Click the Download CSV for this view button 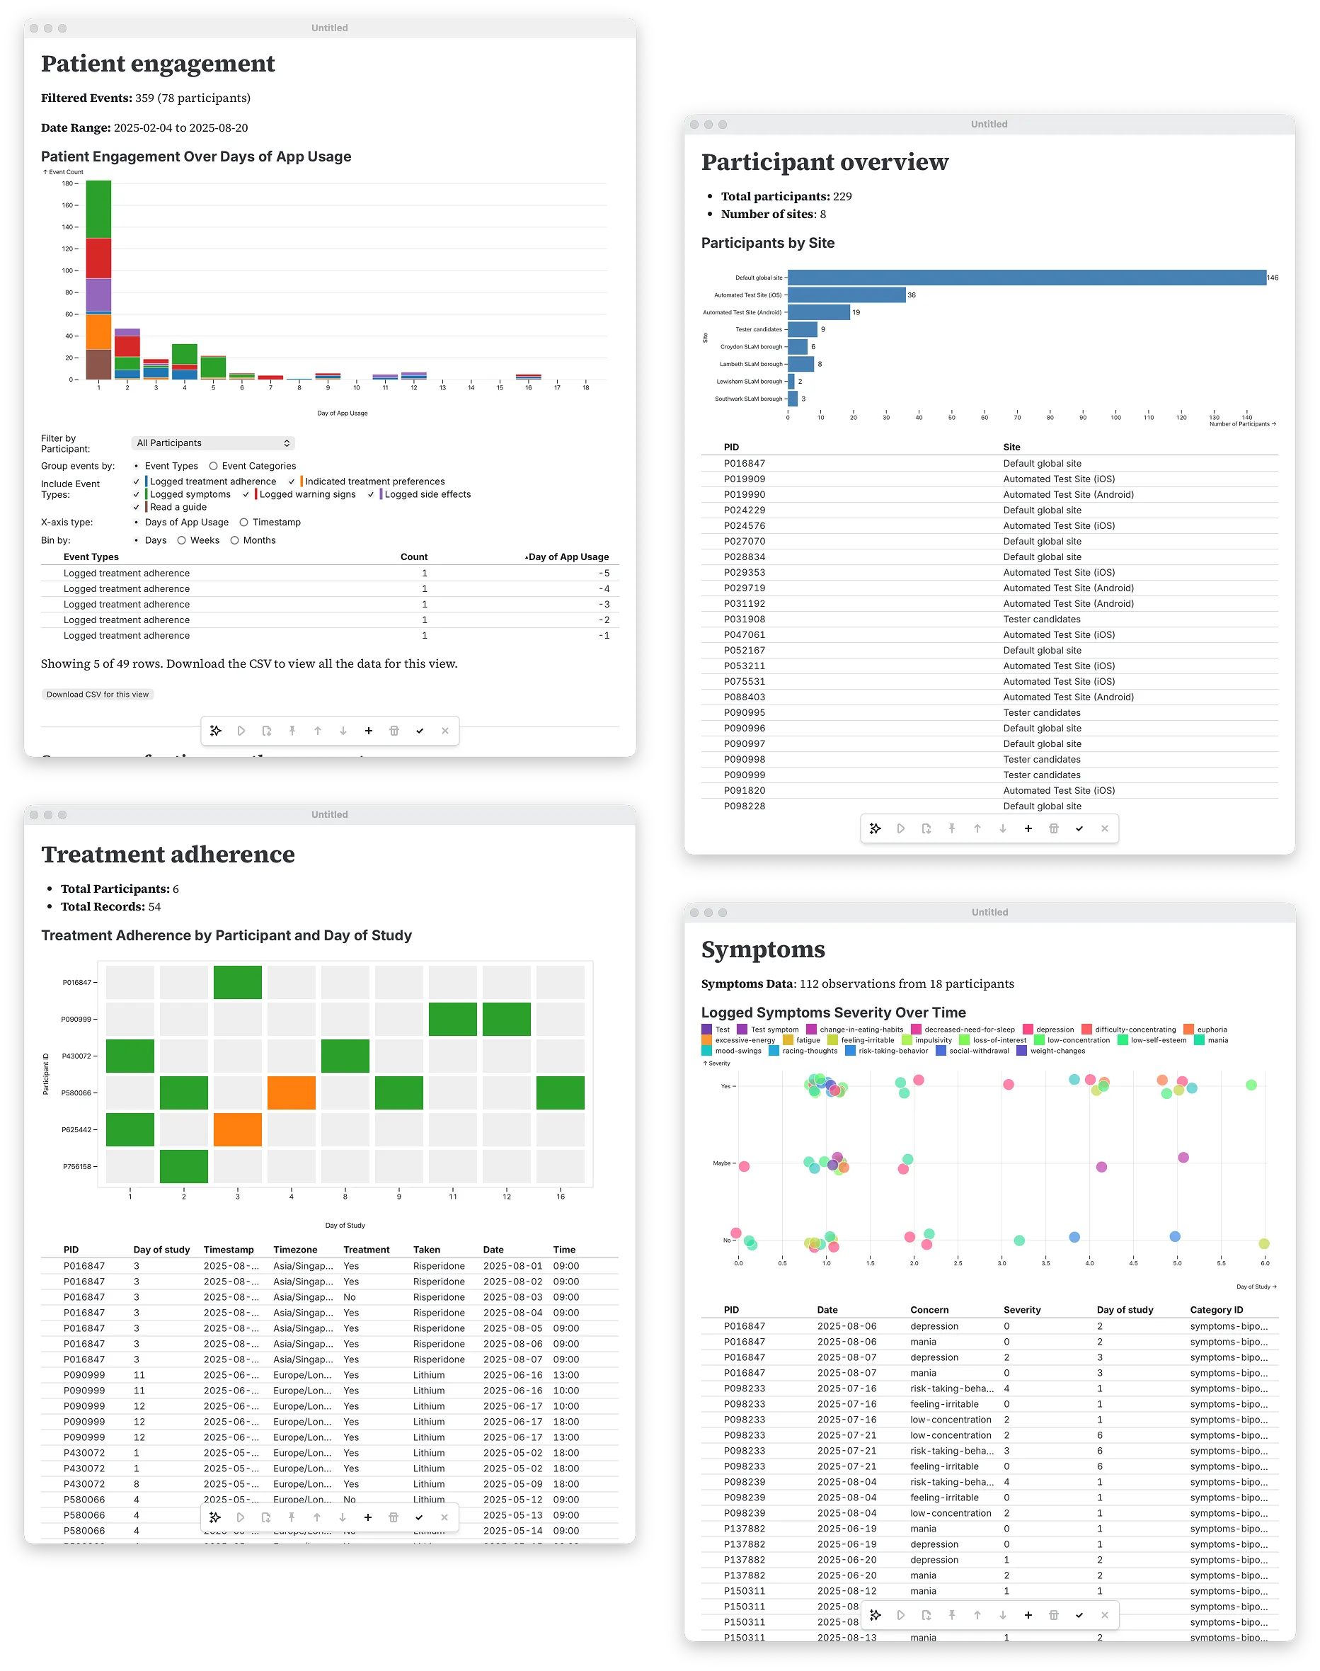point(98,695)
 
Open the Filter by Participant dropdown point(212,443)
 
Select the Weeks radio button point(182,540)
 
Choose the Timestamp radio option point(244,523)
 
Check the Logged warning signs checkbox point(246,495)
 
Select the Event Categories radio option point(213,467)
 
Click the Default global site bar point(1026,278)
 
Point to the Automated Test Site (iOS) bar point(846,295)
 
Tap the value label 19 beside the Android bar point(856,312)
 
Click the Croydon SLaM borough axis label point(750,347)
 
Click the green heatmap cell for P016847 point(237,982)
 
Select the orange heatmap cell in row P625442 point(237,1130)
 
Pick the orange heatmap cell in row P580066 point(292,1093)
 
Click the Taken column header point(427,1250)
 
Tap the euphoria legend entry point(1211,1030)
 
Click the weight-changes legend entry point(1057,1051)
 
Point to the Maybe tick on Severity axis point(722,1163)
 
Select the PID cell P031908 point(745,620)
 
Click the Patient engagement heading point(158,64)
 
